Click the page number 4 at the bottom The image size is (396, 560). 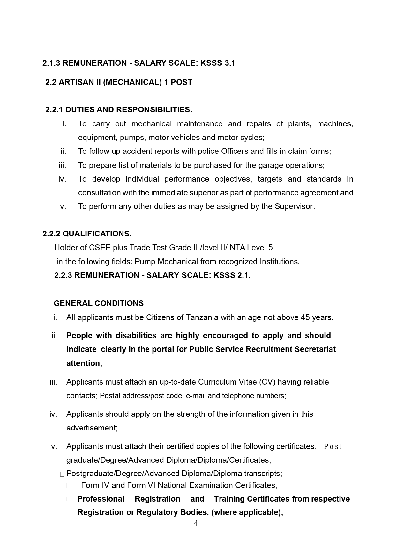[x=196, y=523]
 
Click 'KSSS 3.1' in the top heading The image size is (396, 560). [x=218, y=63]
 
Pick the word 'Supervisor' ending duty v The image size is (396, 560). [x=294, y=206]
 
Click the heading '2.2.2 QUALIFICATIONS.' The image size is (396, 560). [x=87, y=234]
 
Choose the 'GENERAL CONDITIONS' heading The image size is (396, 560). [x=99, y=303]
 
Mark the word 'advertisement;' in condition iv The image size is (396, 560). [x=92, y=428]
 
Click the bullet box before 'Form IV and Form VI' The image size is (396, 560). [x=69, y=485]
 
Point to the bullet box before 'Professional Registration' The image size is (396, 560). [x=69, y=499]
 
